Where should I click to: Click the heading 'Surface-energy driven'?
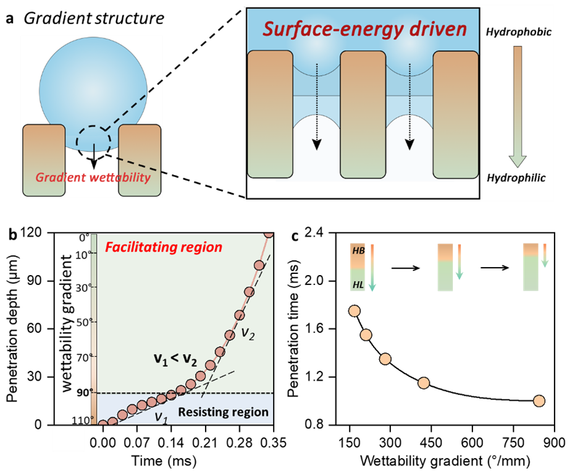[x=364, y=29]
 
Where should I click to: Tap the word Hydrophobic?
[x=518, y=32]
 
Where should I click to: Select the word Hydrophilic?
[x=516, y=178]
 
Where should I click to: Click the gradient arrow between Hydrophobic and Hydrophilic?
[x=518, y=105]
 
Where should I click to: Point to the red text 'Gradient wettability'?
[x=93, y=177]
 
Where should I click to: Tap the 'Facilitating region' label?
[x=163, y=247]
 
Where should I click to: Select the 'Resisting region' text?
[x=223, y=412]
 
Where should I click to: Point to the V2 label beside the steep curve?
[x=248, y=335]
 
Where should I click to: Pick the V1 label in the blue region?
[x=161, y=417]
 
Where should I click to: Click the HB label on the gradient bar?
[x=358, y=251]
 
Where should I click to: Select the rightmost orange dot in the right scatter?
[x=539, y=401]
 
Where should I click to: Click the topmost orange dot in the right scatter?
[x=354, y=311]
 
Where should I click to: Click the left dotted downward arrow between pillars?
[x=316, y=105]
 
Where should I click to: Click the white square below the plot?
[x=69, y=438]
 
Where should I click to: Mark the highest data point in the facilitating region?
[x=269, y=234]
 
